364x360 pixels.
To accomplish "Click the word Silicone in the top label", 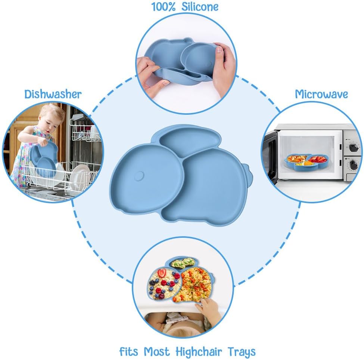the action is coord(200,6).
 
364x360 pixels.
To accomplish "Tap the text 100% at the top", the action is coord(164,7).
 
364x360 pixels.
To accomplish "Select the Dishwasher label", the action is coord(53,94).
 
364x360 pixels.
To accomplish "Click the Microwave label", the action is coord(321,94).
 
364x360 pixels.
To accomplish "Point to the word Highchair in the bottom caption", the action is coord(199,351).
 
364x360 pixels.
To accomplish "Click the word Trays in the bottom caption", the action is coord(242,352).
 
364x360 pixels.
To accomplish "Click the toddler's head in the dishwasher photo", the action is coord(52,117).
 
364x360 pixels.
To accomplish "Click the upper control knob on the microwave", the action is coord(354,148).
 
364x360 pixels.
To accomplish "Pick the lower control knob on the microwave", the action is coord(353,165).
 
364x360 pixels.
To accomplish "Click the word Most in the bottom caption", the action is coord(157,351).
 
